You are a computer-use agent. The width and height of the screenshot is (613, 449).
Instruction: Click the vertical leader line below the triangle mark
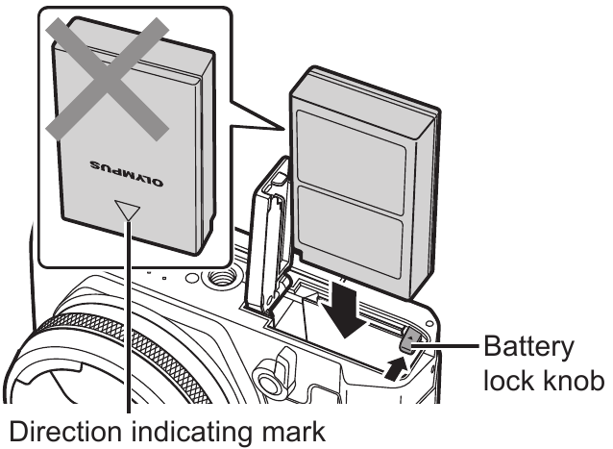pyautogui.click(x=128, y=327)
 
